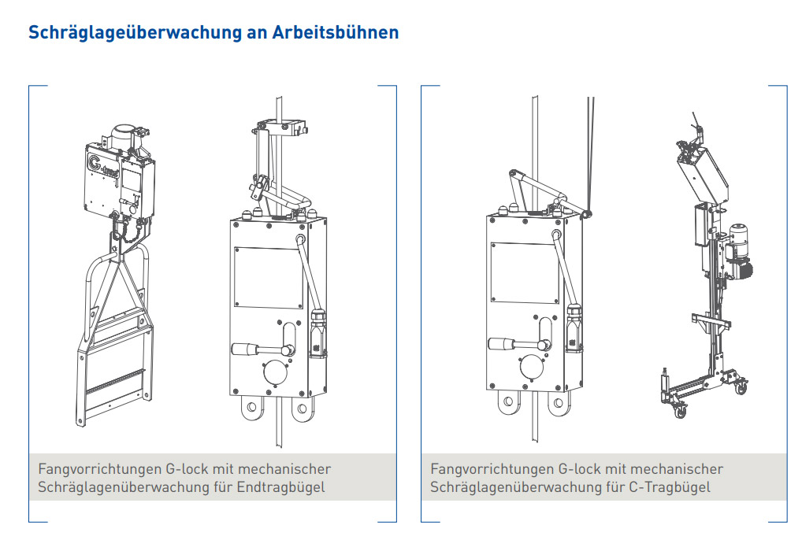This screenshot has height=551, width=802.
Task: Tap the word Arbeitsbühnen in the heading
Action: (335, 32)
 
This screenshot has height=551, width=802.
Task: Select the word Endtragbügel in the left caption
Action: (280, 487)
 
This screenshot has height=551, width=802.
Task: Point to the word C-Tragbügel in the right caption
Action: (670, 487)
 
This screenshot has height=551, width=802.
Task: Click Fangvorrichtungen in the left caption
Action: (99, 469)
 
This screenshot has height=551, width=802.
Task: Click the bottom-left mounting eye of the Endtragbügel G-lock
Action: (251, 408)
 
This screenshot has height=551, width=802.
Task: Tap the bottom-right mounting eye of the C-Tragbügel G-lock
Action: (559, 403)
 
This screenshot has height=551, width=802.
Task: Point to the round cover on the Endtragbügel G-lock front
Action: (276, 372)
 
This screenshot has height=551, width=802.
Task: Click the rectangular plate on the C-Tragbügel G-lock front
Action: (525, 272)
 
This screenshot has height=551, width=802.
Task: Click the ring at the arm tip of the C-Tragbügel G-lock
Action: (588, 213)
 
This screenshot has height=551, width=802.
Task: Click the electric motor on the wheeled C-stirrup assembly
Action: (738, 251)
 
